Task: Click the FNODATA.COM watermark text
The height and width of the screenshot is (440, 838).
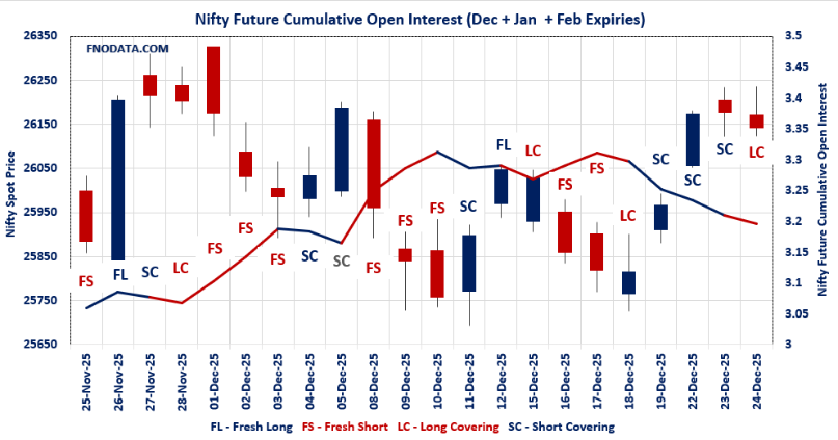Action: [x=127, y=49]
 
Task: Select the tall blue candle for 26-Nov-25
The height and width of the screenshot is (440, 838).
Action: [x=118, y=179]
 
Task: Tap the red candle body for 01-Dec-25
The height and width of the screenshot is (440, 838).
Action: [x=213, y=80]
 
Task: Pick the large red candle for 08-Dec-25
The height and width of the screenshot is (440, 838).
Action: [x=373, y=164]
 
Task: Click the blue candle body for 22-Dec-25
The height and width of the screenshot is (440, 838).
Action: [x=692, y=140]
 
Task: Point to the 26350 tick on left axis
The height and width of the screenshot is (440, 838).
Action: [x=42, y=36]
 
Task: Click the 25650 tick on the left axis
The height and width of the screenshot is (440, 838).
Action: [x=42, y=344]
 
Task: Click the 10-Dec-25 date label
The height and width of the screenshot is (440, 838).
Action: [x=438, y=381]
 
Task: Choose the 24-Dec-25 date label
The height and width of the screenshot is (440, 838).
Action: [x=756, y=381]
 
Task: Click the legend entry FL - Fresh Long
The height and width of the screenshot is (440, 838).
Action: [x=252, y=427]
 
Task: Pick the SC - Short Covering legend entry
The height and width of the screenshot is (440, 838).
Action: [x=561, y=427]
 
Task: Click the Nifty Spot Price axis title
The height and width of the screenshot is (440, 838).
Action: [x=11, y=194]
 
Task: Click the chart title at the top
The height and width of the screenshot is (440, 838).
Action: [x=419, y=19]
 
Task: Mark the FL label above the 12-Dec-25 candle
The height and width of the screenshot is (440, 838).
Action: [x=502, y=145]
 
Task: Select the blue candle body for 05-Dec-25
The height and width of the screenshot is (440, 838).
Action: [x=341, y=150]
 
